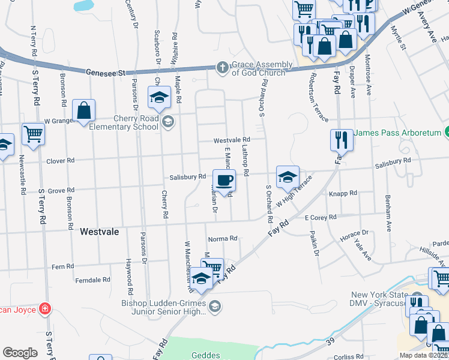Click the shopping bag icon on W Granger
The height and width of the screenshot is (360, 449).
(83, 111)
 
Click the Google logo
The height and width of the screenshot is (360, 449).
(20, 353)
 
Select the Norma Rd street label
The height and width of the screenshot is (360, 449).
(224, 239)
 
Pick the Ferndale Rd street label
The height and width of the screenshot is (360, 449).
(92, 280)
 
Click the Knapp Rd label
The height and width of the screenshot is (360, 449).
(343, 193)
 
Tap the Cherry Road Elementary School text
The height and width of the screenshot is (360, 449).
(123, 123)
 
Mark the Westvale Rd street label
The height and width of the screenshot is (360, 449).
(232, 140)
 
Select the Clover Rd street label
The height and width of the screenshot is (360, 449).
(61, 161)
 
